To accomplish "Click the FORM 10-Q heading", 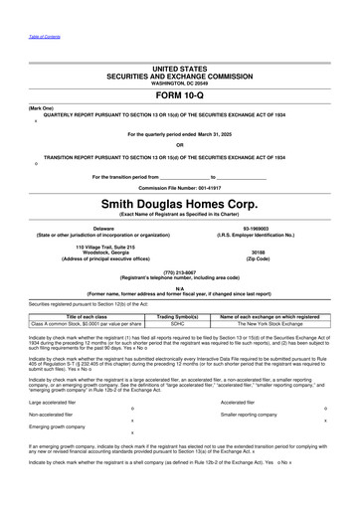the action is click(x=179, y=95).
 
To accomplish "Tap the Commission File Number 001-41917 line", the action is click(x=179, y=185).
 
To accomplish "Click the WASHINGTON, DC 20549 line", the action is click(x=179, y=83).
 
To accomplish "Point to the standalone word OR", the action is click(x=179, y=144).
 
